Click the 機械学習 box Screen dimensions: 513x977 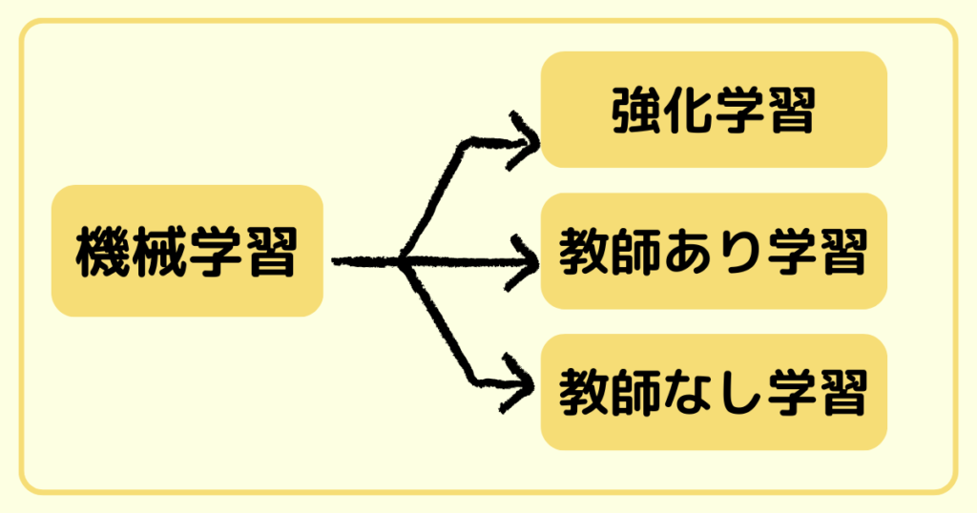pyautogui.click(x=187, y=251)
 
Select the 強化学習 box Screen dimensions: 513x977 pyautogui.click(x=714, y=110)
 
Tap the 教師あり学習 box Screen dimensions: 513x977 pyautogui.click(x=714, y=252)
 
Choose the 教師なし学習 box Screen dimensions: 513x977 pyautogui.click(x=714, y=392)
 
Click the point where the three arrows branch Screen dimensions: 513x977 pyautogui.click(x=403, y=260)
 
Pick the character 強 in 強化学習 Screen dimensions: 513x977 pyautogui.click(x=635, y=111)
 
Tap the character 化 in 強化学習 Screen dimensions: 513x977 pyautogui.click(x=689, y=111)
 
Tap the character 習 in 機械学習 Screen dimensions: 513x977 pyautogui.click(x=271, y=252)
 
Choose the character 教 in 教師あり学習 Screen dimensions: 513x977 pyautogui.click(x=584, y=253)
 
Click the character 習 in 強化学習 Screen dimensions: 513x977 pyautogui.click(x=792, y=111)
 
